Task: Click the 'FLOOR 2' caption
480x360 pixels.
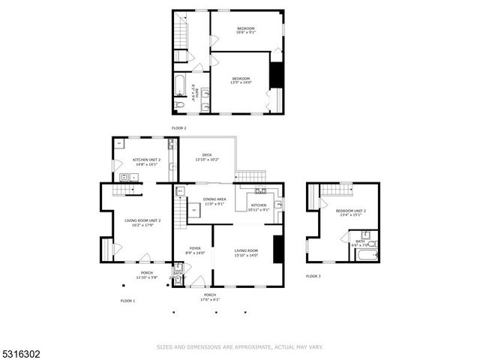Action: [x=178, y=128]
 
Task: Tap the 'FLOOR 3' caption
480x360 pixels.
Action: [x=313, y=277]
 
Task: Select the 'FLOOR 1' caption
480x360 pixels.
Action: [x=127, y=301]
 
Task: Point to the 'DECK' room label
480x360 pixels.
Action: [x=206, y=155]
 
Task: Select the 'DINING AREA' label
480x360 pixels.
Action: [x=215, y=199]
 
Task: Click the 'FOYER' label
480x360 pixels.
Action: [x=194, y=248]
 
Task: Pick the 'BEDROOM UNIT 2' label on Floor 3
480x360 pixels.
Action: [x=350, y=211]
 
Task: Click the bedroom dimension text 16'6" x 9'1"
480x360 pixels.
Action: [x=246, y=32]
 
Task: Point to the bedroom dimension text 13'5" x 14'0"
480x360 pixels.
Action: [x=241, y=82]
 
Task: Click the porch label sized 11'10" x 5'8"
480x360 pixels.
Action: [x=146, y=277]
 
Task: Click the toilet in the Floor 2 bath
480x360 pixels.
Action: [x=180, y=106]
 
